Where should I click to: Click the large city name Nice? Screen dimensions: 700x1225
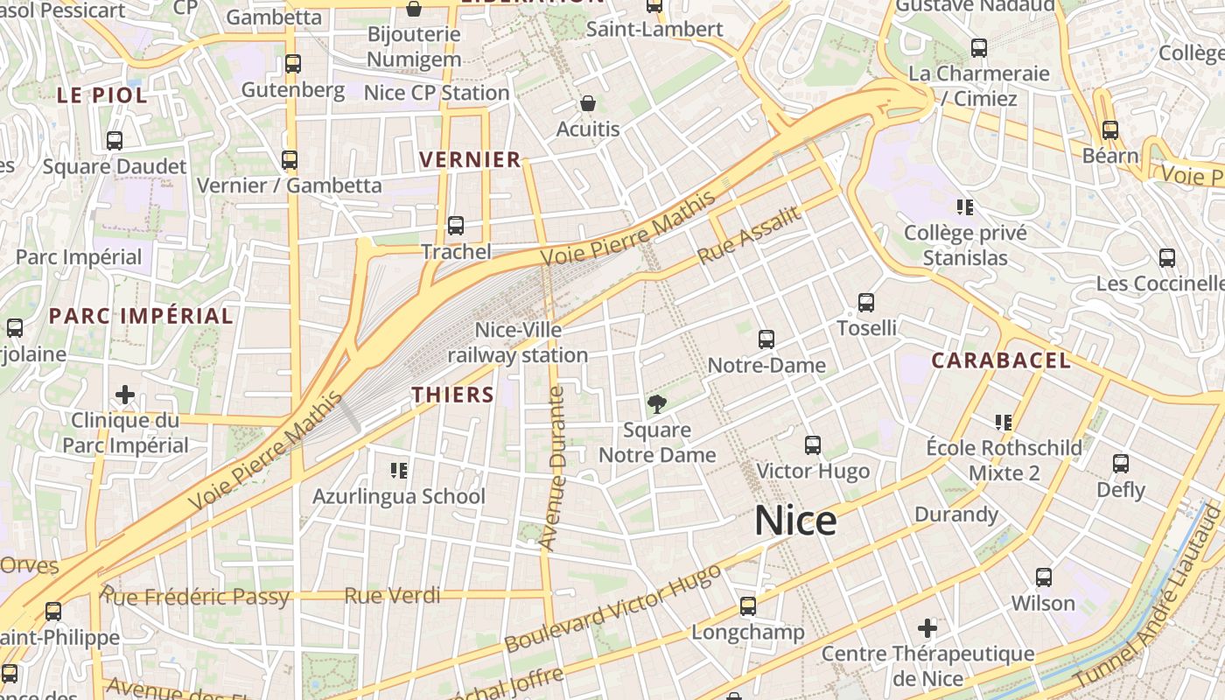coord(795,521)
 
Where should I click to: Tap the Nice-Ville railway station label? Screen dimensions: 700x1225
coord(518,343)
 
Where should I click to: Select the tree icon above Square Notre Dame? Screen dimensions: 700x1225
coord(656,403)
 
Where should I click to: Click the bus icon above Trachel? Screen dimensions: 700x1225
coord(456,226)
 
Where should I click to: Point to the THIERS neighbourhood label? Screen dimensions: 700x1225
coord(453,395)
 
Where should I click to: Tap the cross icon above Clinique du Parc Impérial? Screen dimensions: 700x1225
coord(125,395)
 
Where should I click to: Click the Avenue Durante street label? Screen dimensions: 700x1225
coord(553,468)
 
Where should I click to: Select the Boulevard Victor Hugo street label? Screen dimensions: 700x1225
coord(612,608)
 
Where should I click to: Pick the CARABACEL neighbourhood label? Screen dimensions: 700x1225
coord(1001,360)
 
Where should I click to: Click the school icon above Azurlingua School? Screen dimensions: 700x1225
coord(399,471)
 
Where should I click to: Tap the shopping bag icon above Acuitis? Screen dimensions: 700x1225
coord(588,104)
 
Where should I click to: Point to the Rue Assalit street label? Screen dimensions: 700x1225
coord(749,235)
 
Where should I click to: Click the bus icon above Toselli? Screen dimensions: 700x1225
coord(866,303)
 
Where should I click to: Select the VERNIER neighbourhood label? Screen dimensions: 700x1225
coord(471,160)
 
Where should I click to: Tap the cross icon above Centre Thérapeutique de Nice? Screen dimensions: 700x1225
coord(927,628)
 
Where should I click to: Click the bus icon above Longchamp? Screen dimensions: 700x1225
coord(747,605)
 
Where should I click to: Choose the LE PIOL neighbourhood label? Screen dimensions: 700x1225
coord(102,95)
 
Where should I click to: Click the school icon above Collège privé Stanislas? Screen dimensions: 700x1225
coord(965,207)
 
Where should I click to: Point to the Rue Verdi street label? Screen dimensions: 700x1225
coord(392,596)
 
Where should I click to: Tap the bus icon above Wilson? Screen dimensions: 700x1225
coord(1043,577)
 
